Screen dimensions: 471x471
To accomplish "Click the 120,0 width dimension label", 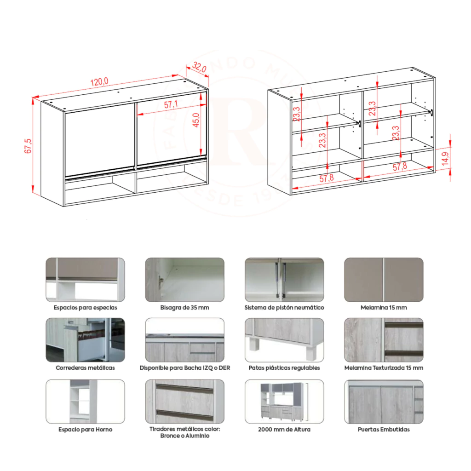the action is (x=99, y=81).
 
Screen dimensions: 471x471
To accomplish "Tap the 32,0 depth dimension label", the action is (x=200, y=67).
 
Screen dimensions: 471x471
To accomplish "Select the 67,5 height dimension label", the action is (x=28, y=146).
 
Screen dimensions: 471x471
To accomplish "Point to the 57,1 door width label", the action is (x=171, y=104).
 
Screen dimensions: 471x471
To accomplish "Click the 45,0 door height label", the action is (x=196, y=120).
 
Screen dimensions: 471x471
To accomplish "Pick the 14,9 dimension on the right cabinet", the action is (x=445, y=159).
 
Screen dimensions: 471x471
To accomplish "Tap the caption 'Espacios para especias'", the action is (x=85, y=308).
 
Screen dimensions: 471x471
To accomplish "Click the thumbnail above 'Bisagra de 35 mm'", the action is (x=185, y=280).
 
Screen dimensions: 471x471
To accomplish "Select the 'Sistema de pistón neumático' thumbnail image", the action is (x=284, y=280).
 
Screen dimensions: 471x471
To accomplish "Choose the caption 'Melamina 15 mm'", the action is (x=384, y=308).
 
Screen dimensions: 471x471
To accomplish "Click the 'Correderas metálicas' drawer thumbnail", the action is (x=85, y=340).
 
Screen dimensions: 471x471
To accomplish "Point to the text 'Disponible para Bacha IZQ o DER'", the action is (x=185, y=368).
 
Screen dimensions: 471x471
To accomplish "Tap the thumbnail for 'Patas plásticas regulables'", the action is (x=284, y=340).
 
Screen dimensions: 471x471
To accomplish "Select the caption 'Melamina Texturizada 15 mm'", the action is (x=384, y=368).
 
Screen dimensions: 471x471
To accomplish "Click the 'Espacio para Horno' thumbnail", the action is (x=85, y=402).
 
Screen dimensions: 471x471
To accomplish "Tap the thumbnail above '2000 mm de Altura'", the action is (x=284, y=402).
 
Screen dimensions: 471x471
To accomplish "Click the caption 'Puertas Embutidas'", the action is (x=384, y=430).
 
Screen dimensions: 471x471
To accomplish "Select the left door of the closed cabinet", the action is (x=100, y=140).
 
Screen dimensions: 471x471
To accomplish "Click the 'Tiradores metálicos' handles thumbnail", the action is (x=185, y=402).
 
